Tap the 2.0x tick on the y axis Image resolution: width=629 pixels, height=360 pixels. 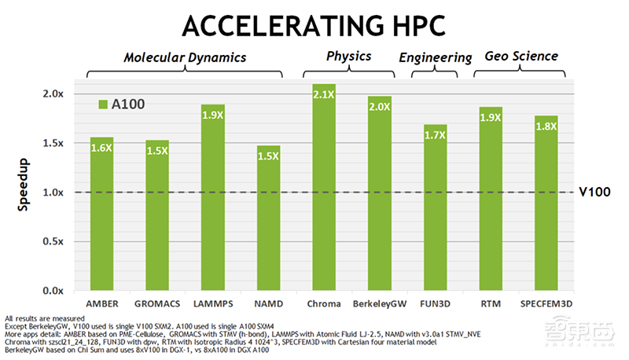point(53,94)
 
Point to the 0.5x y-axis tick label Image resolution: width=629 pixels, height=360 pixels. point(53,241)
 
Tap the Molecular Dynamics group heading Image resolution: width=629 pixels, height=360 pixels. point(185,57)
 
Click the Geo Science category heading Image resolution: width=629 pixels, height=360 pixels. point(520,56)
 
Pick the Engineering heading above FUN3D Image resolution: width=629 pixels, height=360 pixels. point(435,57)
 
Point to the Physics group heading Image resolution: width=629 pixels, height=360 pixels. point(348,56)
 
